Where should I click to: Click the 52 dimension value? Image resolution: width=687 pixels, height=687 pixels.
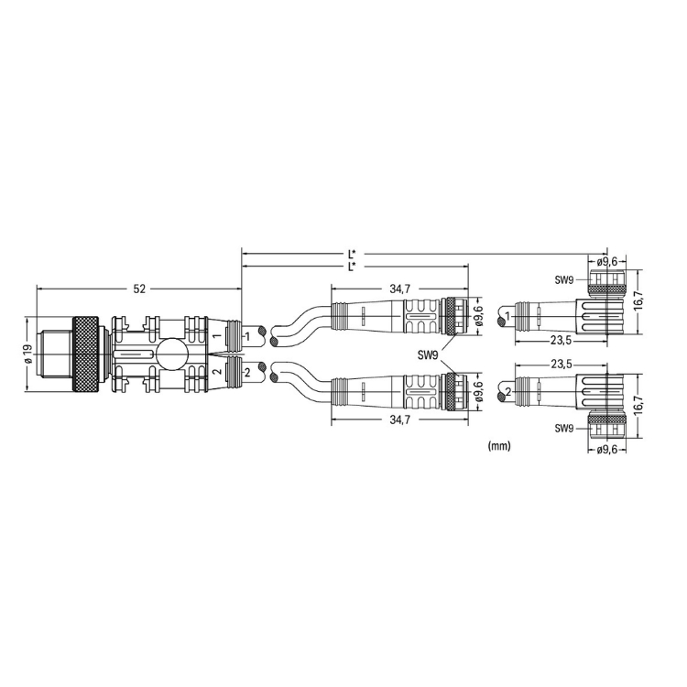[x=139, y=289]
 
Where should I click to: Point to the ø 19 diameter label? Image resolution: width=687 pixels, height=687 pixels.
[x=28, y=354]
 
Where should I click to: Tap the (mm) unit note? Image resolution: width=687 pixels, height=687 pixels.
[x=499, y=446]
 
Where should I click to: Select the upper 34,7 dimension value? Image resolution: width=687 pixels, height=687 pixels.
[x=400, y=289]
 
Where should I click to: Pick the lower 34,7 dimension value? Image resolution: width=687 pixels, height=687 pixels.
[x=400, y=420]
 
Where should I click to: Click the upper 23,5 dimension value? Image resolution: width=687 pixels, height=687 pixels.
[x=562, y=340]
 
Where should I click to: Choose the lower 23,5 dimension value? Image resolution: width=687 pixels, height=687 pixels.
[x=562, y=364]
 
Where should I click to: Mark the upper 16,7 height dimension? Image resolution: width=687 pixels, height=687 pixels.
[x=638, y=302]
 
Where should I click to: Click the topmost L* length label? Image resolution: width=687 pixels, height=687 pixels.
[x=352, y=254]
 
